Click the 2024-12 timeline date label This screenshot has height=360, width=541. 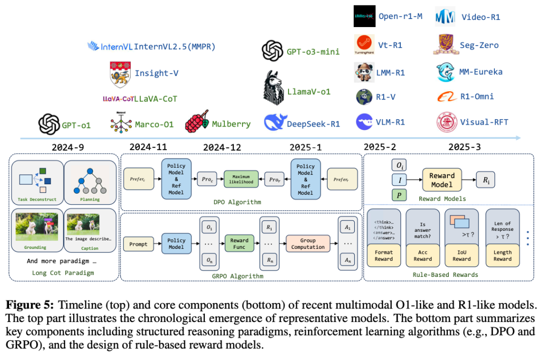pyautogui.click(x=222, y=147)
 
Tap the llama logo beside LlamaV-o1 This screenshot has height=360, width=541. pyautogui.click(x=274, y=87)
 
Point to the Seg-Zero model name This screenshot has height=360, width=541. pyautogui.click(x=479, y=45)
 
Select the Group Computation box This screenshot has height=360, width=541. pyautogui.click(x=308, y=244)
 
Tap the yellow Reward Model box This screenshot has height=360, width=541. pyautogui.click(x=442, y=180)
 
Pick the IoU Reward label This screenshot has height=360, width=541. pyautogui.click(x=461, y=256)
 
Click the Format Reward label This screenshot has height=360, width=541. pyautogui.click(x=384, y=256)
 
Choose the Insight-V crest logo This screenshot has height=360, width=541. pyautogui.click(x=120, y=74)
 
